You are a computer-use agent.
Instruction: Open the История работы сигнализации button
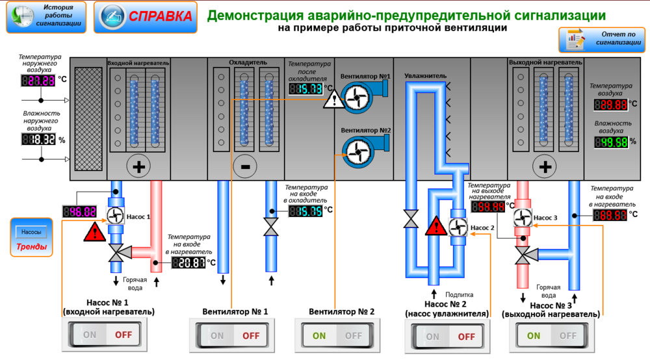pos(46,17)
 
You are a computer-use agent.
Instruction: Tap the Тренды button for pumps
pos(31,238)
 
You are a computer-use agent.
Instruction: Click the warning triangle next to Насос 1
pos(95,232)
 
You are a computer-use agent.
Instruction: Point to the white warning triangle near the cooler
pos(334,100)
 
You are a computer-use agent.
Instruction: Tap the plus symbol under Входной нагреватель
pos(138,166)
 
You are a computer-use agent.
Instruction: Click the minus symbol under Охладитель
pos(246,166)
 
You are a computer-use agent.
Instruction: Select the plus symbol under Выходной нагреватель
pos(545,166)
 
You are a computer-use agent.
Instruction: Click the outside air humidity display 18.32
pos(39,140)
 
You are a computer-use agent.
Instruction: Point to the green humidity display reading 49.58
pos(611,142)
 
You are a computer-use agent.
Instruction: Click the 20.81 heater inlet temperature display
pos(188,263)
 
